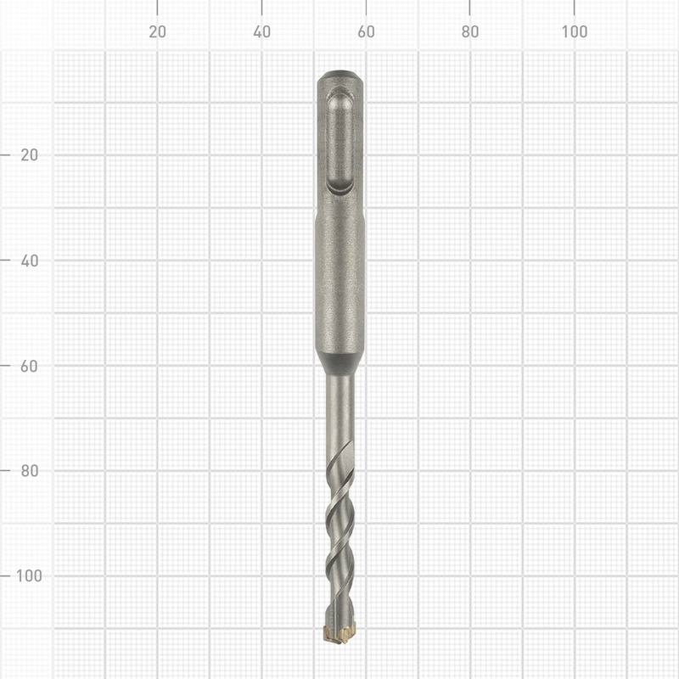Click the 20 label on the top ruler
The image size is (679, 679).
(x=157, y=32)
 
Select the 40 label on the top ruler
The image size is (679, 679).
(x=261, y=32)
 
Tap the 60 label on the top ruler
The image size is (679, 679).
(x=366, y=32)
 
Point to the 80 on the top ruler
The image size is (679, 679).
(x=470, y=32)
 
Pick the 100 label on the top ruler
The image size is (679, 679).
(x=575, y=32)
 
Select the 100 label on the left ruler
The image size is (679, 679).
(x=29, y=575)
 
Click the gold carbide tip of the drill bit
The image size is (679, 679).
(x=340, y=632)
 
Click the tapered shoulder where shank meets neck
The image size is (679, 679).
(x=339, y=363)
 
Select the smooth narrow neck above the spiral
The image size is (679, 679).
(x=339, y=412)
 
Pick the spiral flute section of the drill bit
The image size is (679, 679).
(x=339, y=535)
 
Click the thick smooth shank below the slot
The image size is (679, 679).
(x=339, y=280)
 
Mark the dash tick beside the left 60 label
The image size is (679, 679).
(x=7, y=366)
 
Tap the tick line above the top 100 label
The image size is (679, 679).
(x=575, y=7)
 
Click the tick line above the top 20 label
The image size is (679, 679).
(x=157, y=7)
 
